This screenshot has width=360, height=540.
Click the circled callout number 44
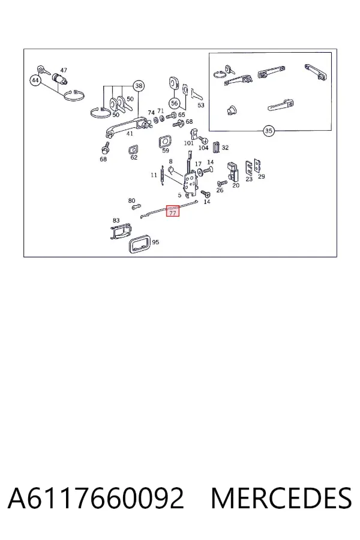click(x=35, y=80)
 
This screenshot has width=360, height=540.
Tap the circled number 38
click(x=139, y=86)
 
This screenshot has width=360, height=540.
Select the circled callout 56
click(x=175, y=103)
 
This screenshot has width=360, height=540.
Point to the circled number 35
click(x=269, y=131)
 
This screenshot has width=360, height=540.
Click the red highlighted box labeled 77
click(x=173, y=211)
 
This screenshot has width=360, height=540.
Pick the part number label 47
click(x=64, y=70)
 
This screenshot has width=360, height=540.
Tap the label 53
click(x=201, y=105)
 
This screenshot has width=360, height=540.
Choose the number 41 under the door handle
click(x=130, y=134)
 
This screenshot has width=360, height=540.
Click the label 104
click(x=203, y=148)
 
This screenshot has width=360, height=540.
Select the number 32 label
click(x=225, y=148)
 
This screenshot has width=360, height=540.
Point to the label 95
click(x=155, y=242)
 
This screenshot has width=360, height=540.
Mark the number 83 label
click(x=116, y=220)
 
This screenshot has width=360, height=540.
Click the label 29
click(x=262, y=176)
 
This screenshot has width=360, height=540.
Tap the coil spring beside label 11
click(x=163, y=176)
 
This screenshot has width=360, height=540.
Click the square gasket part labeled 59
click(x=165, y=142)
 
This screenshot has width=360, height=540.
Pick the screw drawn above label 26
click(x=222, y=182)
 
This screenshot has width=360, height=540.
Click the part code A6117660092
click(x=95, y=498)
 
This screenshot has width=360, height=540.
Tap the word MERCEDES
click(x=281, y=498)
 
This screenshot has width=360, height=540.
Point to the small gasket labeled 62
click(x=133, y=149)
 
